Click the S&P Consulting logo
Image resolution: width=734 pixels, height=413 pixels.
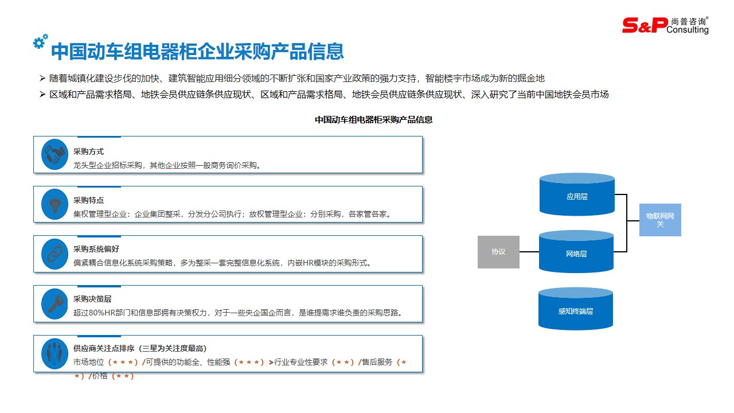(x=665, y=25)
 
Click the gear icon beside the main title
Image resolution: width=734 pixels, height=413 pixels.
(x=40, y=41)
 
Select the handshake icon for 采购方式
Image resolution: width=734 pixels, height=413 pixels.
(x=55, y=154)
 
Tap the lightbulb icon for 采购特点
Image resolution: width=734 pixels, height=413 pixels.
(x=55, y=204)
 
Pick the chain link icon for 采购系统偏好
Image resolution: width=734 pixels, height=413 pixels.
(x=55, y=254)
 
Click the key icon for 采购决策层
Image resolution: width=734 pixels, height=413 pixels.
(x=55, y=303)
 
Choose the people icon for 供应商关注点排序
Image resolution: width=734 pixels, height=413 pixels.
(x=55, y=353)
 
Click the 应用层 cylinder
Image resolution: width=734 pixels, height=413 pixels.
(x=577, y=197)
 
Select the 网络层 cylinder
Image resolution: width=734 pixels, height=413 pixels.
(x=576, y=254)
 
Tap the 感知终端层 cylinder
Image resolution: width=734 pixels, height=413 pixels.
(x=576, y=311)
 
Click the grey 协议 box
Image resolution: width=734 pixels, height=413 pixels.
(x=498, y=252)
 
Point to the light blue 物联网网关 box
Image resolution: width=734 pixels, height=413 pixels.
(x=660, y=220)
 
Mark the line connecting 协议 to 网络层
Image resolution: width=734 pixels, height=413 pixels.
(x=529, y=252)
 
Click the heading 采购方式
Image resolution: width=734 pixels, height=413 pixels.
(x=88, y=151)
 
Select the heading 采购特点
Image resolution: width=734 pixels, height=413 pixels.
(x=88, y=200)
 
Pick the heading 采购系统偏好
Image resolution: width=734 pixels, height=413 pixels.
(x=96, y=250)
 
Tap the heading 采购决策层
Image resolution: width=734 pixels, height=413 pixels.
(x=92, y=299)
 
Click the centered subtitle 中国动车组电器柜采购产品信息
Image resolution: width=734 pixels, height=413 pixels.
(x=373, y=120)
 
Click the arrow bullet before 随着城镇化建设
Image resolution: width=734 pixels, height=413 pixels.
(x=42, y=78)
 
